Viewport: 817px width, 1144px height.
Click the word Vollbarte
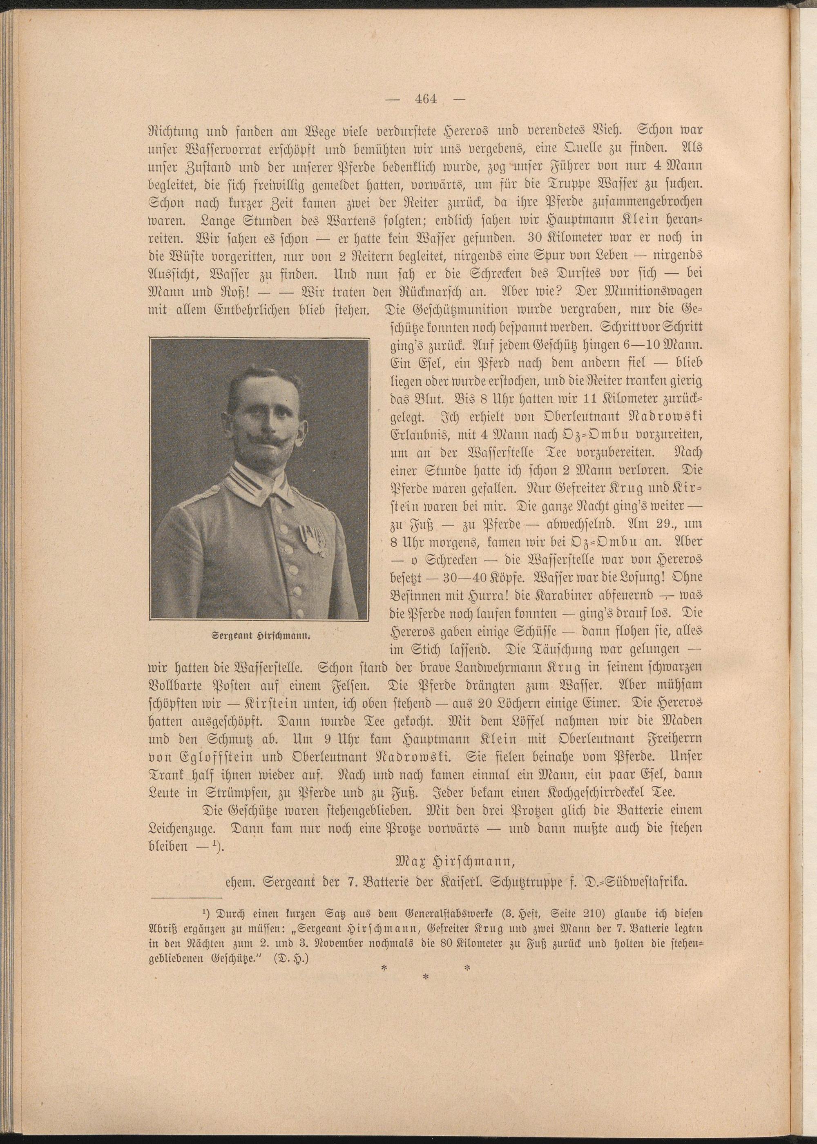174,685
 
